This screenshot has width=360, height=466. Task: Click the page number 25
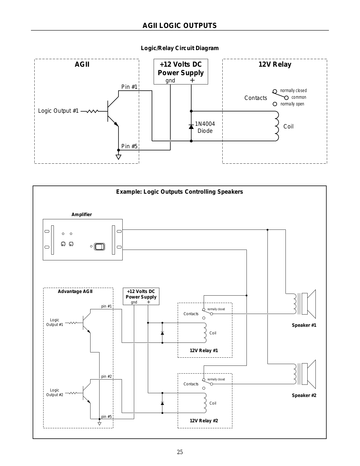coord(180,452)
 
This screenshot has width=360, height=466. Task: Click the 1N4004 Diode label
coord(205,127)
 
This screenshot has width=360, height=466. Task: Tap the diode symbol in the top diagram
coord(191,127)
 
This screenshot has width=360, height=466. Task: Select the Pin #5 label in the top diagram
coord(129,146)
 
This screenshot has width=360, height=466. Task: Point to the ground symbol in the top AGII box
coord(118,157)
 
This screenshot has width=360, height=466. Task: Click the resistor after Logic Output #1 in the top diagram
coord(92,111)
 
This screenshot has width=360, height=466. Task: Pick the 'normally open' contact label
coord(292,104)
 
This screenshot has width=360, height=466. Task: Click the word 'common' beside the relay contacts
coord(299,97)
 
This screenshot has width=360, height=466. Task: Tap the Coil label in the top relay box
coord(288,126)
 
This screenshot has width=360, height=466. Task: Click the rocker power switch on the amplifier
coord(100,247)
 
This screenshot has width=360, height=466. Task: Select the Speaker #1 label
coord(304,325)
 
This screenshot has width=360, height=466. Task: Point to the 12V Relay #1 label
coord(204,350)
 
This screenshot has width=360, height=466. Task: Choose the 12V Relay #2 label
coord(204,421)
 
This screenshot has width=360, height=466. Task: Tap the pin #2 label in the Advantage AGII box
coord(107,376)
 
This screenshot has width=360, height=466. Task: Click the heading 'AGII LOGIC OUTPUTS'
coord(180,26)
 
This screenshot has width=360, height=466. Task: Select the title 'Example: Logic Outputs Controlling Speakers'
coord(180,192)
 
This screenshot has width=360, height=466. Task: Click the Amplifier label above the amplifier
coord(82,214)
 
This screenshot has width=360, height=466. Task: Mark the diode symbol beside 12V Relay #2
coord(162,403)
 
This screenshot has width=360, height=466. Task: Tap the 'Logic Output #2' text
coord(55,392)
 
